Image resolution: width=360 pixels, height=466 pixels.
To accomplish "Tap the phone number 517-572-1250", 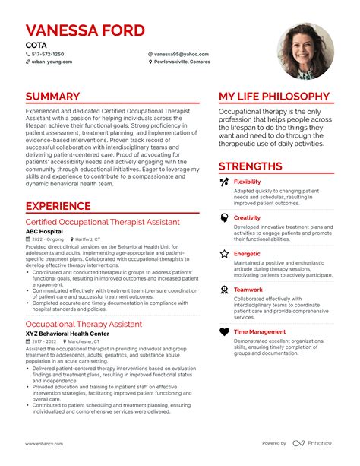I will click(x=47, y=55).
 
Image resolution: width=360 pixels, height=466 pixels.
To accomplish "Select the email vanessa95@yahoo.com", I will click(x=181, y=55).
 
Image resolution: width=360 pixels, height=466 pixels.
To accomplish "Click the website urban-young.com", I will click(x=52, y=62).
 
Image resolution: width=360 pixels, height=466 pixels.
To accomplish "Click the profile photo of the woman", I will click(x=305, y=50).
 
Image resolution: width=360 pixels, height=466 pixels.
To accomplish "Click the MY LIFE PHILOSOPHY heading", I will click(x=274, y=97).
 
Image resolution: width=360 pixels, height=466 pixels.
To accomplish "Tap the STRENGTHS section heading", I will click(x=251, y=166).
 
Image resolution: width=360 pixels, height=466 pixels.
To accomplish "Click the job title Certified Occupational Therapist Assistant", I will click(x=103, y=222).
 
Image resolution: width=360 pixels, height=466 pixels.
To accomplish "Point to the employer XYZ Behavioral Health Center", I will click(x=77, y=334).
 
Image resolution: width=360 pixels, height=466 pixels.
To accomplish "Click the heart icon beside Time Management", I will click(x=224, y=332).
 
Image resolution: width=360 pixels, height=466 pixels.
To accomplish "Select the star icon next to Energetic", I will click(x=224, y=254).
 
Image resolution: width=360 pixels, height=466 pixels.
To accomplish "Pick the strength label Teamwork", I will click(x=249, y=289).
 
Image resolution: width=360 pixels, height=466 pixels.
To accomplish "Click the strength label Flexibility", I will click(x=247, y=182).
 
